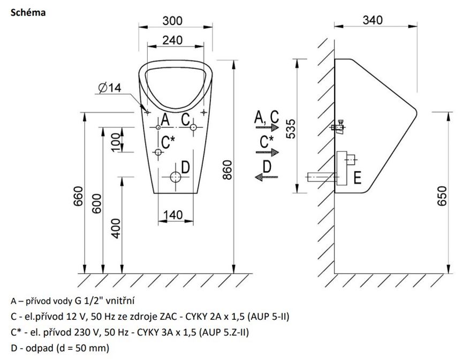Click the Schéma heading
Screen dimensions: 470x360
(28, 13)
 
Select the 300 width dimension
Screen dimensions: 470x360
(172, 21)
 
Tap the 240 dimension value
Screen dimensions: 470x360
(172, 40)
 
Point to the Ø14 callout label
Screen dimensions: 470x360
(110, 88)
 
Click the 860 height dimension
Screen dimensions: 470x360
(228, 170)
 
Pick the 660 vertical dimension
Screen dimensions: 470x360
(78, 196)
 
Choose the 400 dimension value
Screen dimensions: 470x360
(116, 228)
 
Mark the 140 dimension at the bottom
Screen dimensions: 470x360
(173, 215)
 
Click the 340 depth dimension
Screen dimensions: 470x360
(373, 20)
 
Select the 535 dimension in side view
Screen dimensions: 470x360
(291, 129)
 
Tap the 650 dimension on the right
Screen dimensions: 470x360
(442, 196)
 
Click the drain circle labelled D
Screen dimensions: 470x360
(176, 177)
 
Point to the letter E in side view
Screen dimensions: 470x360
(357, 177)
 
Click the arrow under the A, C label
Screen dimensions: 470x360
(267, 128)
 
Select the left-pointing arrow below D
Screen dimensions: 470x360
(267, 177)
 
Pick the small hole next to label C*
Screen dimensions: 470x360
(158, 152)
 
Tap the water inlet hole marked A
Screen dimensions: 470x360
(158, 127)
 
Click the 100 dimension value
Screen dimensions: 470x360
(116, 142)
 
